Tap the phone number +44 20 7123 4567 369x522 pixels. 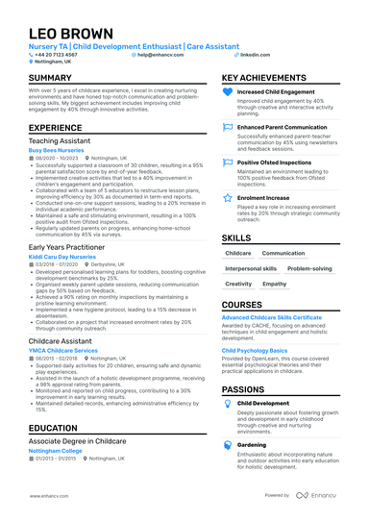click(60, 55)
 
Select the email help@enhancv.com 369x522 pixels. click(164, 55)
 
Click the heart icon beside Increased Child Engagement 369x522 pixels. click(228, 93)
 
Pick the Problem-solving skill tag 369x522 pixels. click(310, 269)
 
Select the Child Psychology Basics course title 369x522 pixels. click(255, 351)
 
